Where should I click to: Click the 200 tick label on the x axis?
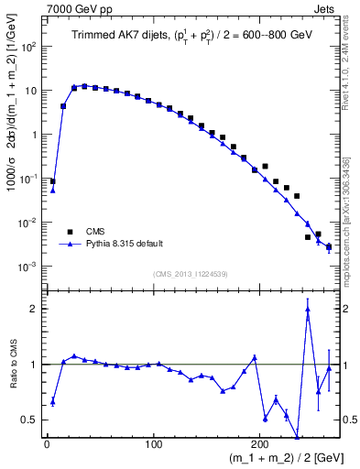coord(262,444)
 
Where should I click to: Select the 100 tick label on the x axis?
coord(154,444)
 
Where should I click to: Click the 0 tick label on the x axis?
coord(47,444)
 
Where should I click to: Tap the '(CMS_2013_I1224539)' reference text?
coord(191,272)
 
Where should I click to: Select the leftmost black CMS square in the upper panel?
coord(52,181)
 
